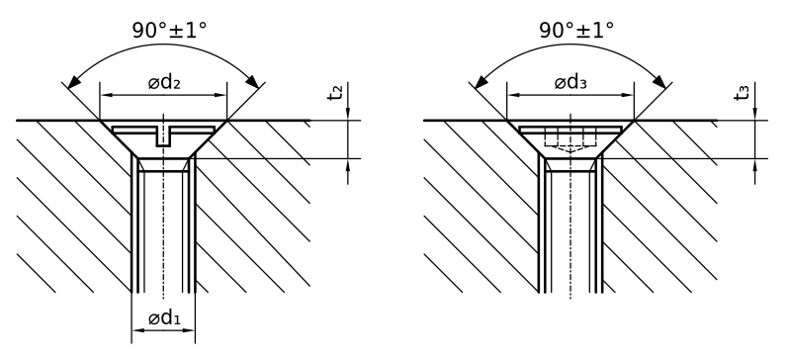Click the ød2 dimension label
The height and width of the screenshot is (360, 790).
(x=164, y=82)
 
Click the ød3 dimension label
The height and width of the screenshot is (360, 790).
(x=571, y=82)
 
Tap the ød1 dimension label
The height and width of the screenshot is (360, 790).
(x=164, y=317)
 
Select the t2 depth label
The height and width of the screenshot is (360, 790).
(x=335, y=93)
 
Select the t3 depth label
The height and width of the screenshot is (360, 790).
(x=742, y=93)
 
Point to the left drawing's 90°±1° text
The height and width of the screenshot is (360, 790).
(x=169, y=31)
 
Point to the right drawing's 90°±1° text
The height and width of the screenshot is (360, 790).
(x=576, y=31)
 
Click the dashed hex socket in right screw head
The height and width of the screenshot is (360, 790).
(x=571, y=139)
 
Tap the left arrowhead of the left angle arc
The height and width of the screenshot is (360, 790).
(x=73, y=82)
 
